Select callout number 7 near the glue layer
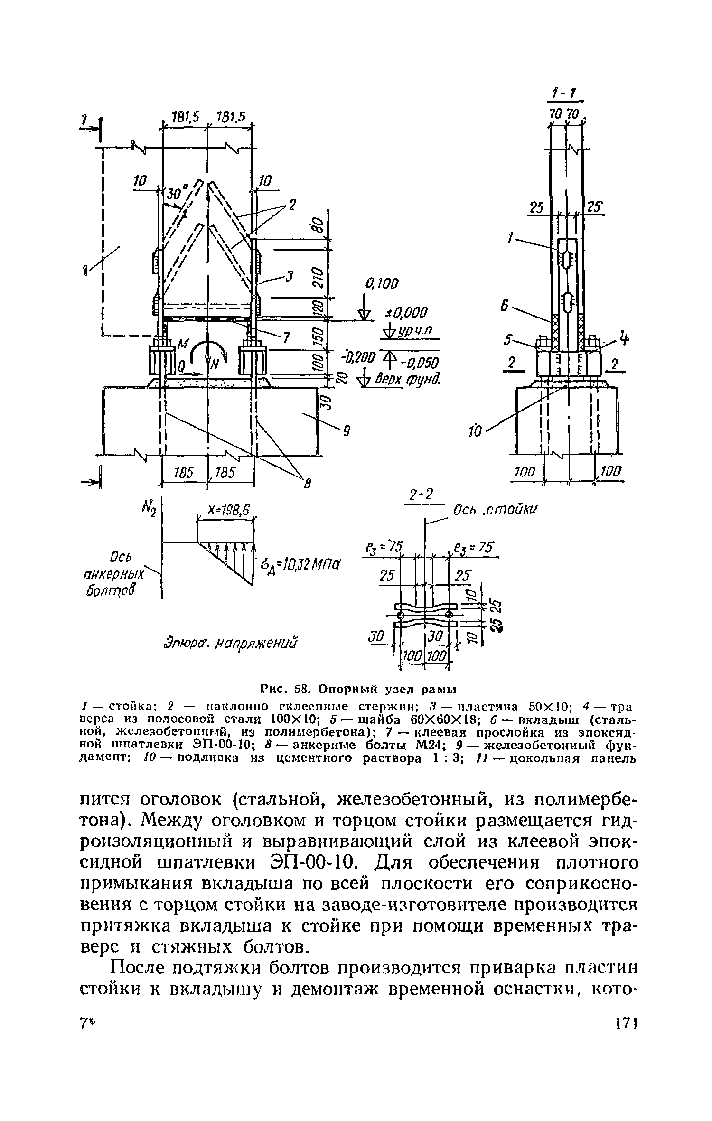[286, 337]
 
